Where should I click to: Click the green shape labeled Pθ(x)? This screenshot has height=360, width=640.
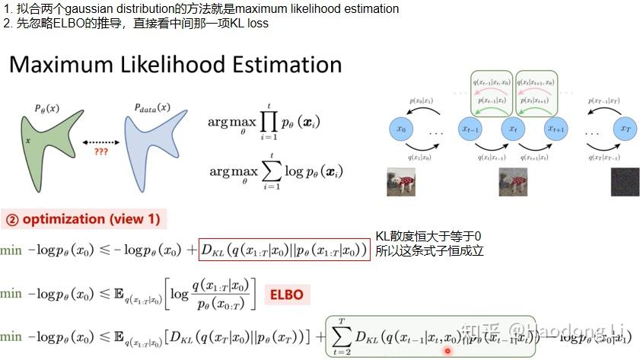coord(46,145)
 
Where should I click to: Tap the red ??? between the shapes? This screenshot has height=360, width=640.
coord(100,151)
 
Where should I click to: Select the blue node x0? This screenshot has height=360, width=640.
coord(403,130)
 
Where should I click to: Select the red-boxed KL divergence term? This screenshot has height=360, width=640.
coord(285,250)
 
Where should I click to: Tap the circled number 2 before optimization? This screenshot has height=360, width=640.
coord(12,219)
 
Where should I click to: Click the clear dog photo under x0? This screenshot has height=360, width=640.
coord(402,182)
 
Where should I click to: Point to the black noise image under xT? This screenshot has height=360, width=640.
coord(623,182)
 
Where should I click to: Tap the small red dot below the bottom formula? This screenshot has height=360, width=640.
coord(447,351)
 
